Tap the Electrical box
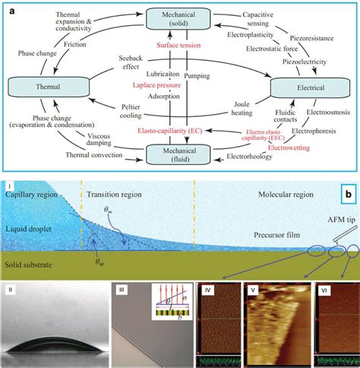click(x=302, y=89)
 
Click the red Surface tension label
click(x=178, y=45)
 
